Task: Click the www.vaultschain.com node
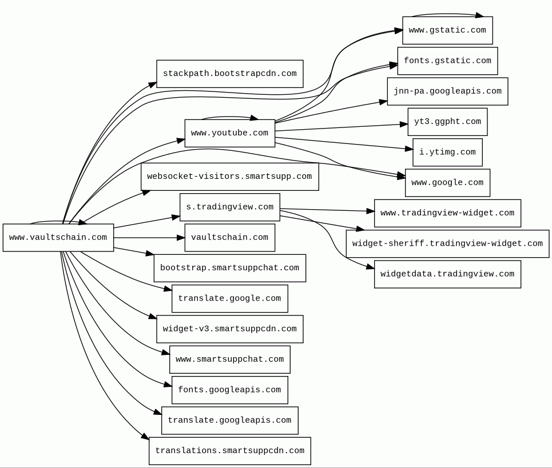tap(58, 238)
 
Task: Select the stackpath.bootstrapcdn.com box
tap(230, 74)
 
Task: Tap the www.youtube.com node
tap(230, 133)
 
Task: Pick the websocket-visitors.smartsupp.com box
tap(230, 177)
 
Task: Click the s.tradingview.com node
tap(230, 207)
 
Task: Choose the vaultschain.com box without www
tap(230, 238)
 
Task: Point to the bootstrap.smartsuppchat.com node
tap(230, 268)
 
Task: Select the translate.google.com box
tap(230, 298)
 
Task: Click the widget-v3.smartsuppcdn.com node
tap(230, 329)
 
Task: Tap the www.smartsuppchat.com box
tap(230, 359)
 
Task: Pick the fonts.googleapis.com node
tap(230, 390)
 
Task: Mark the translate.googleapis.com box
tap(230, 421)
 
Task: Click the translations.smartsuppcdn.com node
tap(230, 451)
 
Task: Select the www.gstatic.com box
tap(447, 30)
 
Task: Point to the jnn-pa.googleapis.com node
tap(447, 91)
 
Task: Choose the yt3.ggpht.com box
tap(447, 122)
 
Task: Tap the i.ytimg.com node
tap(447, 153)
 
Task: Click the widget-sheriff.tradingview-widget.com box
tap(447, 243)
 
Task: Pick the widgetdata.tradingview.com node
tap(447, 274)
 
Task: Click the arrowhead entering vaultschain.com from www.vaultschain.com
tap(181, 238)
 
